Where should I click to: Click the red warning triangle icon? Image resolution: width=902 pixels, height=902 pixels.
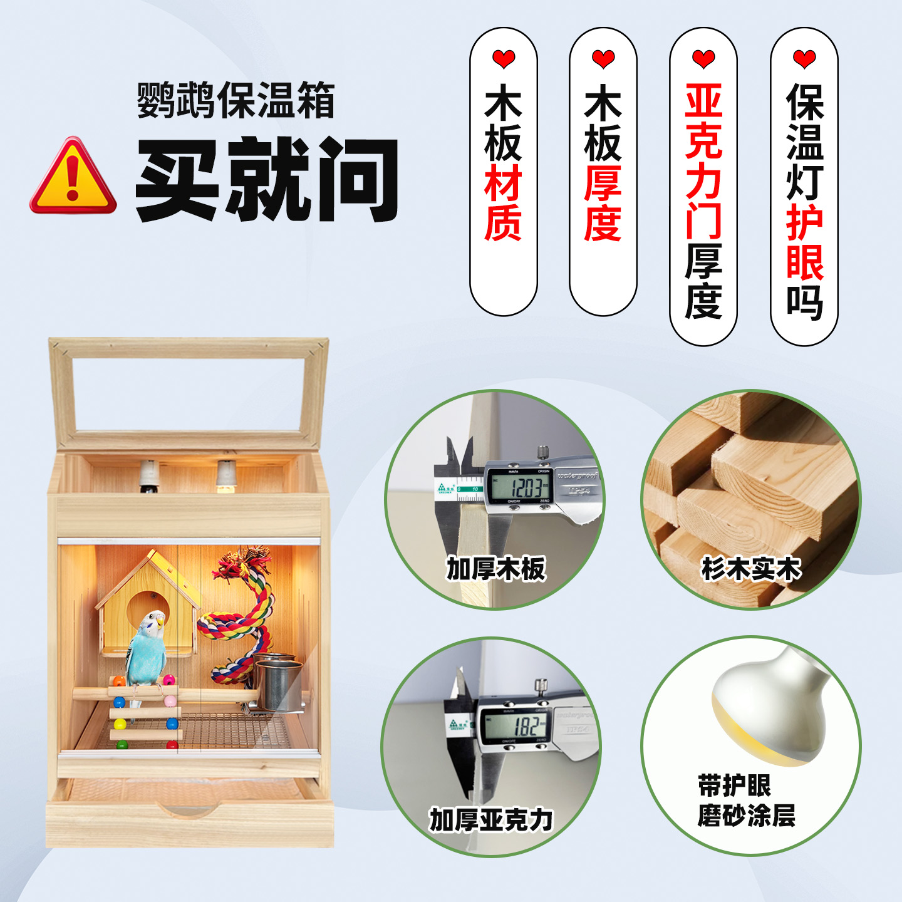73,177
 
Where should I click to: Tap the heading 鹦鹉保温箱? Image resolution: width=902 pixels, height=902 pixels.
236,100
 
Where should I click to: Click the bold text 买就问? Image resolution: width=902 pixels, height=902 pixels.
267,179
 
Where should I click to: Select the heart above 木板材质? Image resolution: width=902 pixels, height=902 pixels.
504,60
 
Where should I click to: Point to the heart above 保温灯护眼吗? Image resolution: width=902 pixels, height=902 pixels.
804,60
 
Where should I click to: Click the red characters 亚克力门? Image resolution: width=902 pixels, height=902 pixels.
703,162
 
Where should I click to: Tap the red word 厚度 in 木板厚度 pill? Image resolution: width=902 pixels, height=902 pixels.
603,203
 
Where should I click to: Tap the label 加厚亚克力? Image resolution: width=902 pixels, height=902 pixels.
492,819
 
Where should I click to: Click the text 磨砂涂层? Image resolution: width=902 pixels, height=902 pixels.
747,816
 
